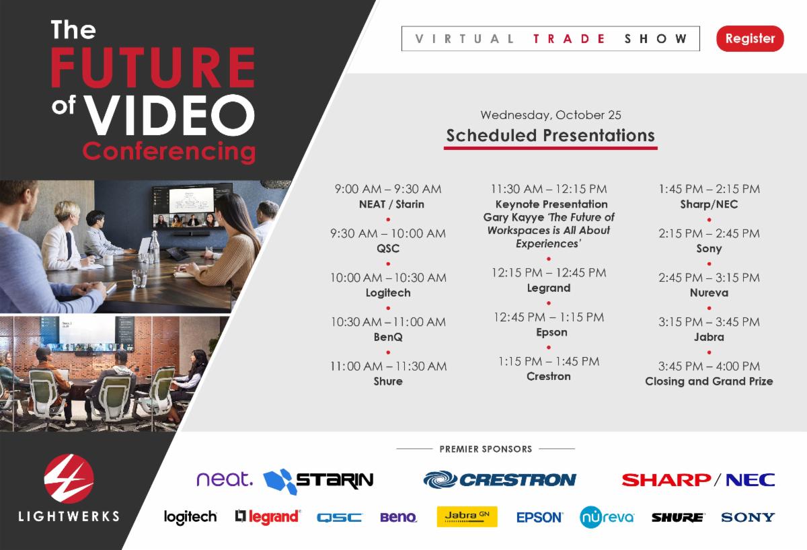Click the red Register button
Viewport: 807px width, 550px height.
click(x=750, y=38)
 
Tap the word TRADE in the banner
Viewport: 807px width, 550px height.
click(x=569, y=38)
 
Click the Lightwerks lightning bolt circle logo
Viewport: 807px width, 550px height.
click(x=69, y=479)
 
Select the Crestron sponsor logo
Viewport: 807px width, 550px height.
click(x=500, y=480)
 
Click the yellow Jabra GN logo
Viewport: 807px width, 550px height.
click(x=467, y=516)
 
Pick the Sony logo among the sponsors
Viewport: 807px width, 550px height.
click(x=748, y=517)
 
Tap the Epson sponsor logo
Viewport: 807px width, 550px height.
click(x=539, y=517)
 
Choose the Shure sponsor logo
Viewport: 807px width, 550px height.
click(x=678, y=518)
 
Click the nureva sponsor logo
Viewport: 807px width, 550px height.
click(x=607, y=517)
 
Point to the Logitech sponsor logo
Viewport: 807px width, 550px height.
click(x=190, y=517)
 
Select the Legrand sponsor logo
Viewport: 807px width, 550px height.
click(x=268, y=517)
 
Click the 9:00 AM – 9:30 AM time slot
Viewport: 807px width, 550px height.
click(x=387, y=189)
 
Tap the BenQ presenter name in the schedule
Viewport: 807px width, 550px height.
click(x=387, y=337)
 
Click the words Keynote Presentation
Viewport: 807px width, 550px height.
click(x=551, y=204)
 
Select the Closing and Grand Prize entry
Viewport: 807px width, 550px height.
click(x=709, y=381)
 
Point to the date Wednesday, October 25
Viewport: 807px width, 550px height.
click(x=551, y=115)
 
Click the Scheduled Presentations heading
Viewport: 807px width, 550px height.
click(x=550, y=135)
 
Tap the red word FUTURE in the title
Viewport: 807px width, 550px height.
click(x=153, y=67)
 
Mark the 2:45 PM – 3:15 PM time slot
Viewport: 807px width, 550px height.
click(x=709, y=278)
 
